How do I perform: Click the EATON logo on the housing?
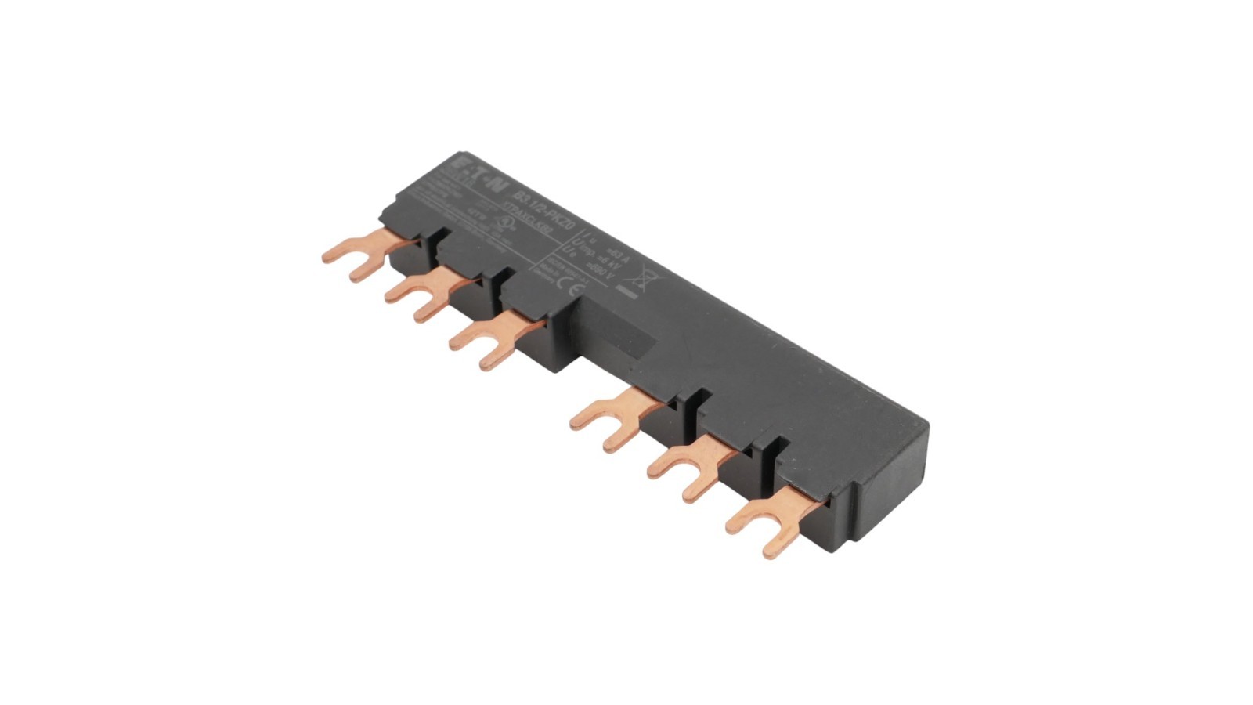(x=471, y=176)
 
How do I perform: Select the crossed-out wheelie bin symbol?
(x=644, y=274)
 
